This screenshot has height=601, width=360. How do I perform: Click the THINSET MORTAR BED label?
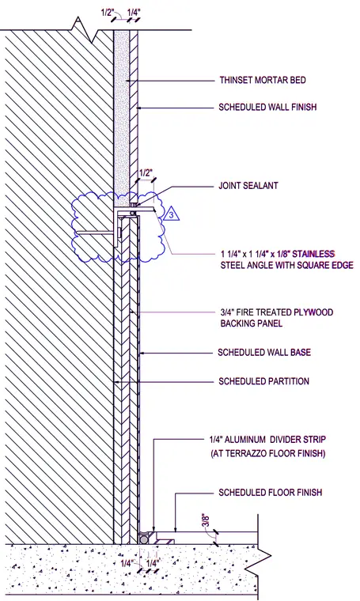point(263,80)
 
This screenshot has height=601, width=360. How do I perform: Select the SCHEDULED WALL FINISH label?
point(267,107)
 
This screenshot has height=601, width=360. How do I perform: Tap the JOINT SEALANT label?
point(248,186)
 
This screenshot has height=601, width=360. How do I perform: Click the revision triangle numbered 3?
point(172,214)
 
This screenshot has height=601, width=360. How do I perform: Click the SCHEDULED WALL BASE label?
point(264,352)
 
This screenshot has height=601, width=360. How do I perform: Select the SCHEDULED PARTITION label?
point(263,381)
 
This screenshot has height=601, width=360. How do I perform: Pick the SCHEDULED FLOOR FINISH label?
point(271,492)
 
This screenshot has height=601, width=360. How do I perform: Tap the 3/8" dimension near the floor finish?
point(206,521)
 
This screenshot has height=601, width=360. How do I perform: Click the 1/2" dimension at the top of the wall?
point(108,13)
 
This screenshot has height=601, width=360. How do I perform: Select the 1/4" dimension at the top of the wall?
point(134,13)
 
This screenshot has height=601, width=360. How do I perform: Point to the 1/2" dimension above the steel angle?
point(144,172)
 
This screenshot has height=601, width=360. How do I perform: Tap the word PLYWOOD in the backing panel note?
point(313,312)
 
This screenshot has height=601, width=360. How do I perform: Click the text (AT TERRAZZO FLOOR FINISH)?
point(268,454)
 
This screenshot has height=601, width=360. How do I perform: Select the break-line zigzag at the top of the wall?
point(86,29)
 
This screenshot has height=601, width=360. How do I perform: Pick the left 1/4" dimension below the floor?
point(127,563)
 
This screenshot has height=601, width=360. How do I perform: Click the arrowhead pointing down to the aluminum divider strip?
point(153,528)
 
